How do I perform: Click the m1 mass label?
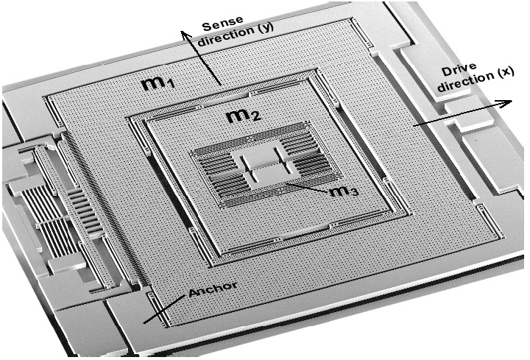[158, 84]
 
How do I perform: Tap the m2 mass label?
[244, 116]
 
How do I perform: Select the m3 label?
[343, 192]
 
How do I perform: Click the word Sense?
[222, 24]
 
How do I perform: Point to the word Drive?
[459, 70]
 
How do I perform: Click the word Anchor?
[213, 289]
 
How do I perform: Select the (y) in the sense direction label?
[263, 28]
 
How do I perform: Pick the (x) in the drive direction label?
[504, 72]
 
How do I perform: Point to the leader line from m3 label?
[306, 188]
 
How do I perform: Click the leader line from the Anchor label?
[165, 308]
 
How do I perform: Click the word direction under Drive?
[465, 82]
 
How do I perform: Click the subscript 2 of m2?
[257, 116]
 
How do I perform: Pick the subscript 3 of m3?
[353, 193]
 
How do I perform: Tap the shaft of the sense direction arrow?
[203, 59]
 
